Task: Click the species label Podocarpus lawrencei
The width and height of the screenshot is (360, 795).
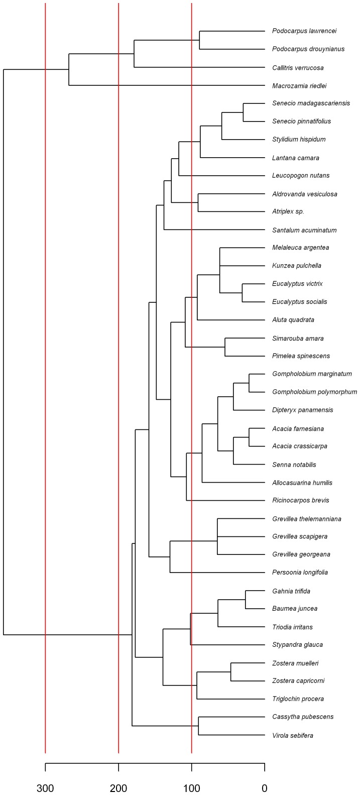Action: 304,31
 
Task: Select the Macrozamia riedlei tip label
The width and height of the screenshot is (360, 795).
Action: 299,85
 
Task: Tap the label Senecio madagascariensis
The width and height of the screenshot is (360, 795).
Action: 311,103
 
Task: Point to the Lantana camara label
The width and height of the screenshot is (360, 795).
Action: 295,158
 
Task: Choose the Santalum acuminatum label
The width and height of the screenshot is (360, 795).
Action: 304,230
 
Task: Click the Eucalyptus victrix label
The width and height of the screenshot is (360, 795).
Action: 298,284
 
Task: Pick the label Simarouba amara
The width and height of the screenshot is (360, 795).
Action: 298,338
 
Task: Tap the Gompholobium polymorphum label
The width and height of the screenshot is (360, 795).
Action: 315,392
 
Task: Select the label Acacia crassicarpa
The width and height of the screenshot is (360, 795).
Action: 300,446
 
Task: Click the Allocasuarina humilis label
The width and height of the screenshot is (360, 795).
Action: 302,483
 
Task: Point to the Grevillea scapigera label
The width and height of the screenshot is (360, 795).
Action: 300,536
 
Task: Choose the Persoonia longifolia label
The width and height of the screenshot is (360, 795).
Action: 300,572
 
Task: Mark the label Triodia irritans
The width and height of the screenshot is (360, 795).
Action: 292,627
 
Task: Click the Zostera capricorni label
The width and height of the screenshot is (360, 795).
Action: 298,680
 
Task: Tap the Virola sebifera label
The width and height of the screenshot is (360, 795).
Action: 293,736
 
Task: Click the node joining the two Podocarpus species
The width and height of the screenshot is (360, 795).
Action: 200,40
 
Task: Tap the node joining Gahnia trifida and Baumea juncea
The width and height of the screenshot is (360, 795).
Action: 246,600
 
